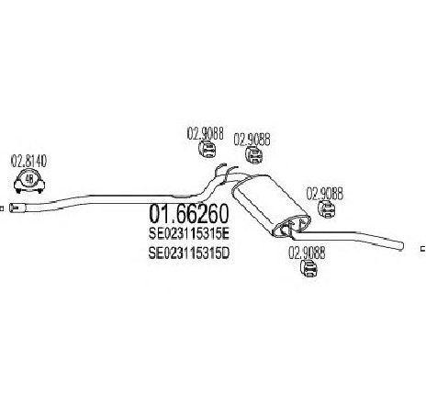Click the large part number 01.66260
[x=188, y=214]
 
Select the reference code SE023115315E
[x=189, y=234]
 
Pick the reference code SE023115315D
[x=189, y=253]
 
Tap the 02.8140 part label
[x=28, y=161]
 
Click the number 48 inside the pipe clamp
[x=29, y=179]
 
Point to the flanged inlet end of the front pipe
[x=17, y=208]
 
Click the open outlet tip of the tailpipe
[x=401, y=246]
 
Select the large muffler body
[x=270, y=206]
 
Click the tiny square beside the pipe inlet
[x=2, y=208]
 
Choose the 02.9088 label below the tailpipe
[x=307, y=253]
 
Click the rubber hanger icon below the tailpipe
[x=308, y=268]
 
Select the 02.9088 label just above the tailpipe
[x=325, y=194]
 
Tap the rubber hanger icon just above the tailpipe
[x=326, y=209]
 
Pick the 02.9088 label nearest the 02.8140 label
[x=206, y=133]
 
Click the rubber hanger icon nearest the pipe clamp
[x=206, y=149]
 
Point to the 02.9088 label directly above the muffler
[x=252, y=140]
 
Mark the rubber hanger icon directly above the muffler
[x=254, y=155]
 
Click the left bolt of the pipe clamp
[x=18, y=191]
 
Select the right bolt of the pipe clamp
[x=39, y=191]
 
